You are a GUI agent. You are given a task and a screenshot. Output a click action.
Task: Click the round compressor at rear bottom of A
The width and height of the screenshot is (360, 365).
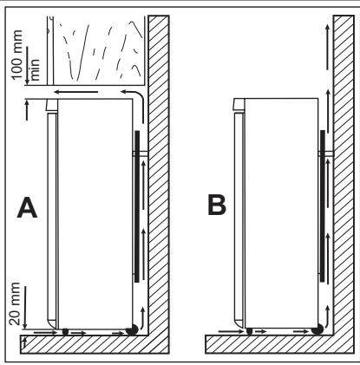pos(132,330)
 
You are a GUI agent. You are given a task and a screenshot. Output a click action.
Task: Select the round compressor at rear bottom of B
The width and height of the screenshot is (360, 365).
pos(319,330)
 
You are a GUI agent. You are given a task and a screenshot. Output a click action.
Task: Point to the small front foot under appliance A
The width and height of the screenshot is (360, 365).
pos(65,331)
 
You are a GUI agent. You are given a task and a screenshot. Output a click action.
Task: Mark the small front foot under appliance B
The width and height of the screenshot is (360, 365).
pos(251,331)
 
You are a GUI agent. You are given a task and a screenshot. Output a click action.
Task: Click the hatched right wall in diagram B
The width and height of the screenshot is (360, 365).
pos(343,173)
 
